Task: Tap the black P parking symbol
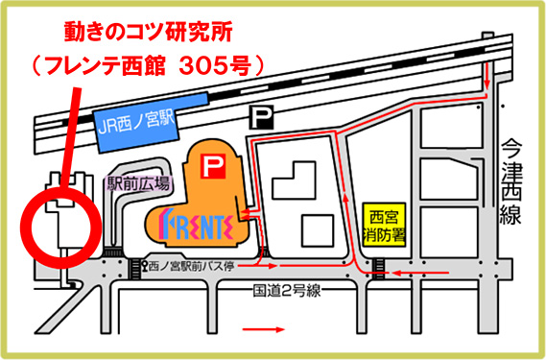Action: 261,117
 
